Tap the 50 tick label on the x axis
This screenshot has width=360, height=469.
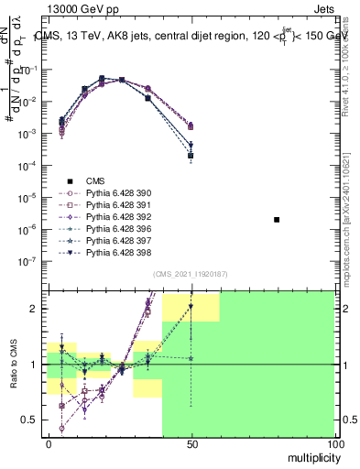click(191, 444)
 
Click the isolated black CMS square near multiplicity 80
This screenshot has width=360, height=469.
click(277, 220)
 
